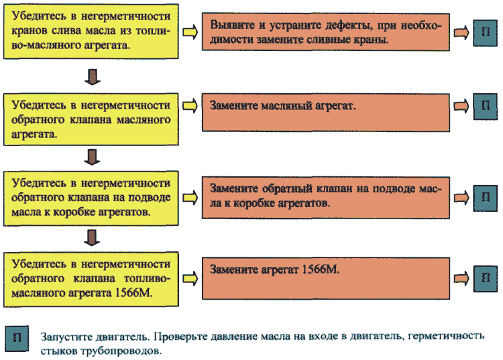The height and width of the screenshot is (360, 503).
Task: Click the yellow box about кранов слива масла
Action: click(91, 32)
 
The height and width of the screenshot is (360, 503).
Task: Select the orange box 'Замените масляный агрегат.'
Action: click(325, 112)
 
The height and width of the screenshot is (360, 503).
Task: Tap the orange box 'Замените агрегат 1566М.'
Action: click(325, 278)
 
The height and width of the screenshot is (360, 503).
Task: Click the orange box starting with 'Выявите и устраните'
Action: click(325, 32)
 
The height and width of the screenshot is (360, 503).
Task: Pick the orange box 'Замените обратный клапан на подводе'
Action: click(325, 198)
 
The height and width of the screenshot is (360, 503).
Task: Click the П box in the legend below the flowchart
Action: click(17, 339)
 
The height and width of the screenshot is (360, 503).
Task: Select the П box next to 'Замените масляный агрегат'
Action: click(486, 107)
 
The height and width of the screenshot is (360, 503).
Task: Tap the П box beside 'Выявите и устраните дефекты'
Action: click(486, 33)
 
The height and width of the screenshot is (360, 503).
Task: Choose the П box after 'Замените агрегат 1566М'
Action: click(486, 279)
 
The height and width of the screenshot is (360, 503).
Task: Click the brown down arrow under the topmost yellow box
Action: click(93, 76)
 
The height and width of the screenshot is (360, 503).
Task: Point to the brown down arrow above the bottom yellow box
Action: click(92, 237)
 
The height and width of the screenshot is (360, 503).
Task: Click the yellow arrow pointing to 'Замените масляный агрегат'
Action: click(190, 106)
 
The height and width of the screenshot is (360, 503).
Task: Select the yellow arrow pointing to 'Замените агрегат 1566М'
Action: click(190, 278)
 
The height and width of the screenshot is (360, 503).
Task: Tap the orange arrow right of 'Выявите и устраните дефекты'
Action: click(461, 32)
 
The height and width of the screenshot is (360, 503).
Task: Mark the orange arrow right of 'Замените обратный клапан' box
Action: click(461, 198)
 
